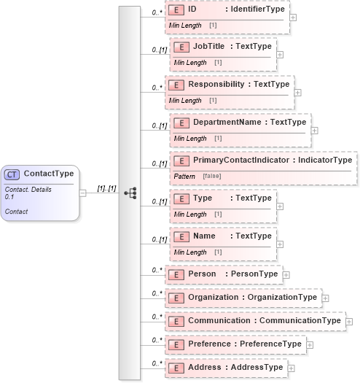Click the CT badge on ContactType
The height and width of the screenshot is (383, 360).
point(12,174)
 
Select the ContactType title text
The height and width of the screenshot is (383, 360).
point(49,174)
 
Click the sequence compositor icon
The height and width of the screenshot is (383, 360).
point(130,193)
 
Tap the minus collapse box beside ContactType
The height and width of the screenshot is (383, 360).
point(82,193)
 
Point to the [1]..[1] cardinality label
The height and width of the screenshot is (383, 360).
point(107,188)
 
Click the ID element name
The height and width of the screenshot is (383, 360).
point(192,11)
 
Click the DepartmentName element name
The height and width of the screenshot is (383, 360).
point(227,122)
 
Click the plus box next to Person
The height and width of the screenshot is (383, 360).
point(286,275)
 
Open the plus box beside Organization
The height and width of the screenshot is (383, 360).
point(325,298)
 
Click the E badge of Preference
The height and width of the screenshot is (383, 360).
point(176,344)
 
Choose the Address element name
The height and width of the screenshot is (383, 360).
point(204,368)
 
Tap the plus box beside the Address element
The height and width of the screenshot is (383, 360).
point(291,368)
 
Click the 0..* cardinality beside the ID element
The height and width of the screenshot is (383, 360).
point(156,13)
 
